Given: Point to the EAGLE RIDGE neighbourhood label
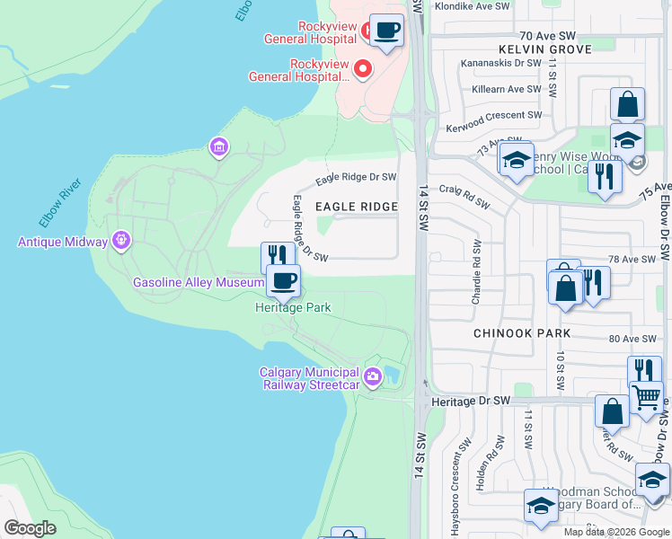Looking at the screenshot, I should point(356,207).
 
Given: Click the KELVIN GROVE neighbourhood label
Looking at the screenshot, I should point(545,49).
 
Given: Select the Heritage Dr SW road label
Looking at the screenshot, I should point(470,400).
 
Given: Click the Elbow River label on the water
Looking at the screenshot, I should point(60,204).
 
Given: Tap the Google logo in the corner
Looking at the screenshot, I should point(30,528).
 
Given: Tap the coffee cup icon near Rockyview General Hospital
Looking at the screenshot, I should point(386,31).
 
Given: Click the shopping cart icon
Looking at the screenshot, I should point(646,396).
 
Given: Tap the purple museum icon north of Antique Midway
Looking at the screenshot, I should point(217,146).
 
